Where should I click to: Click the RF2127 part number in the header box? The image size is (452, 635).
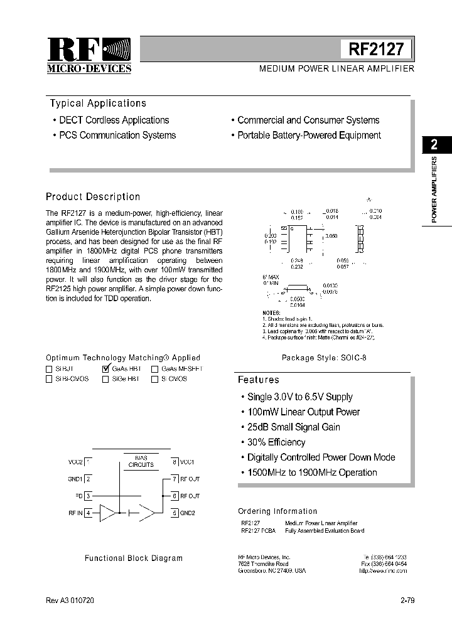376,49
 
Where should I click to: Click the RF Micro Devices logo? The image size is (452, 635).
89,55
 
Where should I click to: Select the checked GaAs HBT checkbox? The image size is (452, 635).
105,369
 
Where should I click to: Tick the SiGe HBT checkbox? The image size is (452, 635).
105,380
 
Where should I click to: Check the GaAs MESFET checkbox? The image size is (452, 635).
154,370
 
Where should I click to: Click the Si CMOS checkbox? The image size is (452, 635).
154,380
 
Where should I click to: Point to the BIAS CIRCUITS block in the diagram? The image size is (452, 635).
141,462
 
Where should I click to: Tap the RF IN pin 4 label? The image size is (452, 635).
79,513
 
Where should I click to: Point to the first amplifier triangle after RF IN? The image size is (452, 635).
107,513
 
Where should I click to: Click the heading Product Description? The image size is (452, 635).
93,196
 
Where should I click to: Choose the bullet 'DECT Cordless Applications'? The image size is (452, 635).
114,120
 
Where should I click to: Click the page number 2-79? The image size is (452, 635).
407,600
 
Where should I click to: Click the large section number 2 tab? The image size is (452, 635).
434,145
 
